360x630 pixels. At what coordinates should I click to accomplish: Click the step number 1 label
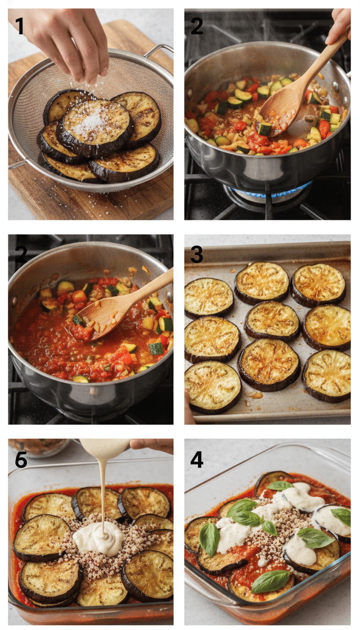pyautogui.click(x=19, y=26)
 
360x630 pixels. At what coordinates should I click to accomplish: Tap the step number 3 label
pyautogui.click(x=197, y=255)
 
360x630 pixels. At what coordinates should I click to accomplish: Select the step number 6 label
pyautogui.click(x=21, y=459)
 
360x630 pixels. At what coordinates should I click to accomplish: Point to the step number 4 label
pyautogui.click(x=197, y=459)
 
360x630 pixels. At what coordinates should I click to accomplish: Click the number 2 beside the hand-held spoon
pyautogui.click(x=197, y=26)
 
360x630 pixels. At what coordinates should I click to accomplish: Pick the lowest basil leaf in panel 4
pyautogui.click(x=270, y=581)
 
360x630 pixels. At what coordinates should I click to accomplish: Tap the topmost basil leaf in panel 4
pyautogui.click(x=280, y=485)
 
